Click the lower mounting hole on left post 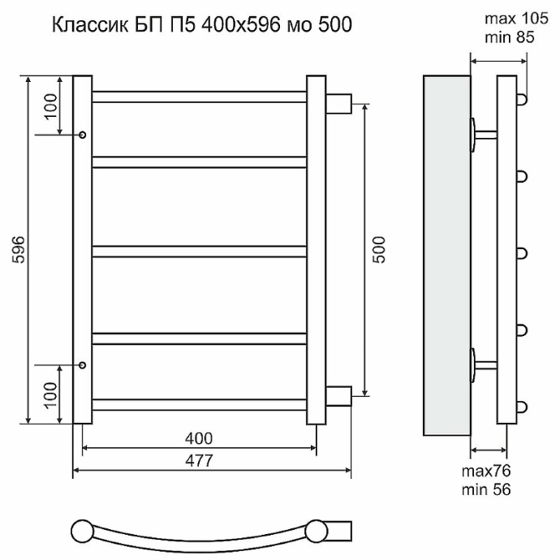pyautogui.click(x=83, y=365)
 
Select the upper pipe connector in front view pyautogui.click(x=338, y=104)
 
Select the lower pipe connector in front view pyautogui.click(x=338, y=394)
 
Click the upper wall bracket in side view pyautogui.click(x=482, y=133)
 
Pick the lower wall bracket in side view pyautogui.click(x=482, y=363)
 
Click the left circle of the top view pyautogui.click(x=81, y=532)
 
